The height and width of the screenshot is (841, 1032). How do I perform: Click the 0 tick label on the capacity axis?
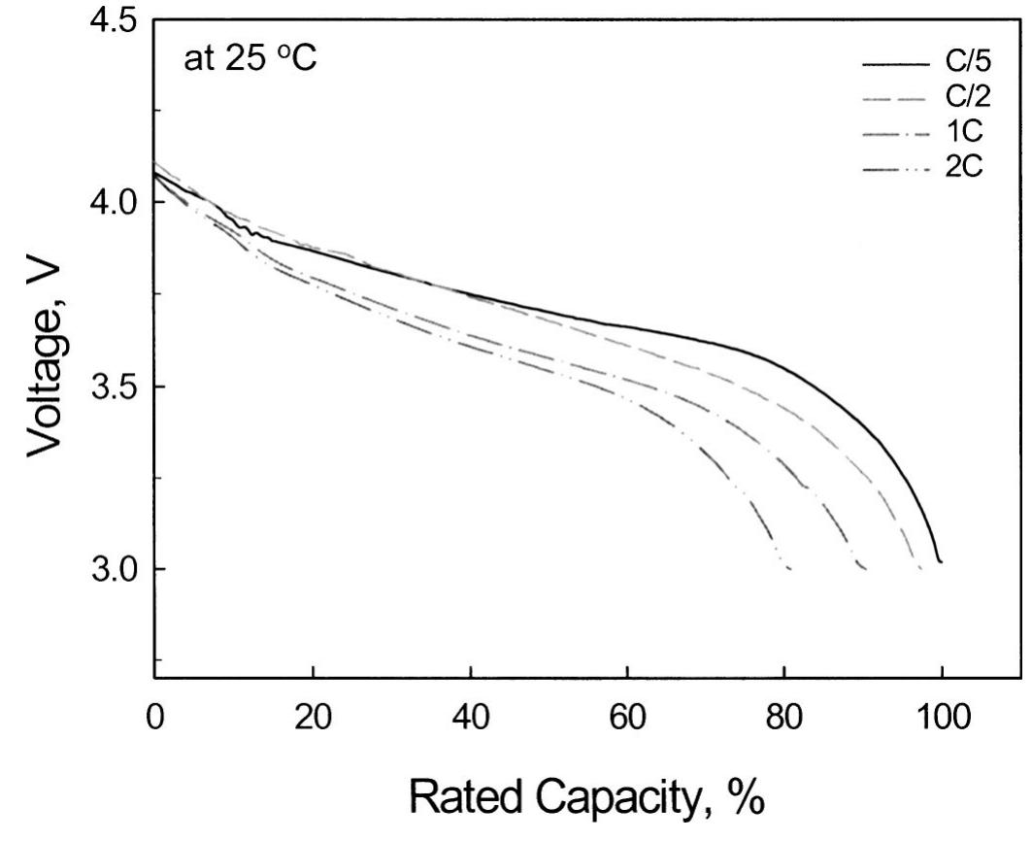click(x=155, y=721)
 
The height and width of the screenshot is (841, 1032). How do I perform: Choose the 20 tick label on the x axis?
click(x=313, y=721)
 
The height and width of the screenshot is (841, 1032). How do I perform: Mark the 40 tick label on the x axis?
click(x=470, y=721)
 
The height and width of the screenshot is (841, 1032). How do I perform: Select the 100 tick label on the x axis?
click(x=942, y=721)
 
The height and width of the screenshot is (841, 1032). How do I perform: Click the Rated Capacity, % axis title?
click(x=588, y=798)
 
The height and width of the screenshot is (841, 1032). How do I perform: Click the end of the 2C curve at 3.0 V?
click(x=789, y=568)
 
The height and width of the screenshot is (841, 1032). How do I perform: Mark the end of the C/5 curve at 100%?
click(x=940, y=561)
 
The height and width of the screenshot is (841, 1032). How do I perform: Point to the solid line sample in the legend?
click(x=894, y=66)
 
